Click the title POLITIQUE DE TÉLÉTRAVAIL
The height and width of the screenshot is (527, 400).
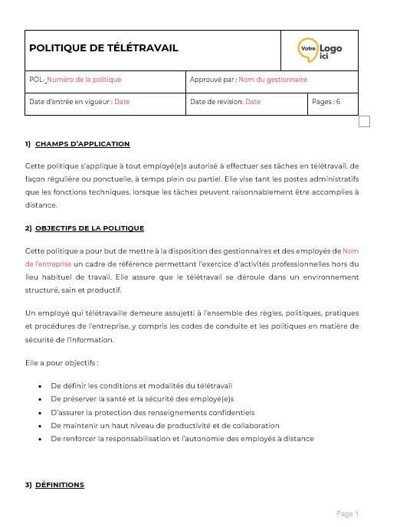(103, 48)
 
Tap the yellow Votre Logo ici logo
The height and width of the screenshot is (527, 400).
(320, 50)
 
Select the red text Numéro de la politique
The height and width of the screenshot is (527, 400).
(84, 80)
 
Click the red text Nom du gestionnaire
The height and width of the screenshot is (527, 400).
(272, 80)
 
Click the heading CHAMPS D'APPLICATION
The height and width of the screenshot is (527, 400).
(82, 144)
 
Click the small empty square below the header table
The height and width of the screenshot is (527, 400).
(364, 121)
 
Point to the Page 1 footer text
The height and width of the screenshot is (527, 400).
(347, 513)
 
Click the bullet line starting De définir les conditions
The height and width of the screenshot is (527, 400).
(141, 385)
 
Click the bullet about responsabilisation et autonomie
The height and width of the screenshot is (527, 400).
(182, 439)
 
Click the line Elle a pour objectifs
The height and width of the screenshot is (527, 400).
(61, 362)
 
